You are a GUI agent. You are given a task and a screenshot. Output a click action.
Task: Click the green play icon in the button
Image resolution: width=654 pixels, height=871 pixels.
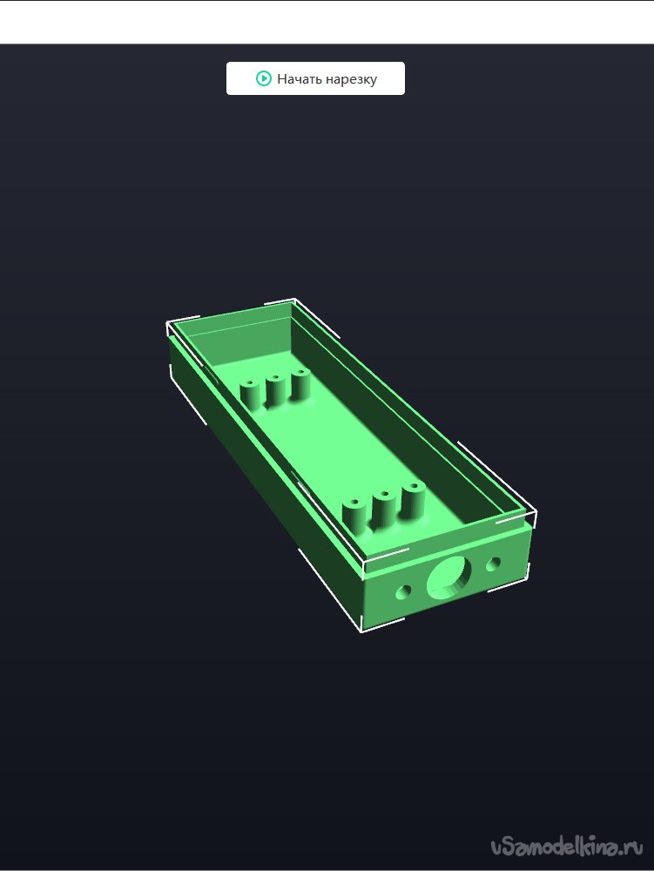click(263, 78)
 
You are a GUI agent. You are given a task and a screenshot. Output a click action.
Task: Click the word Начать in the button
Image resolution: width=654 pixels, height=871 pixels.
click(300, 79)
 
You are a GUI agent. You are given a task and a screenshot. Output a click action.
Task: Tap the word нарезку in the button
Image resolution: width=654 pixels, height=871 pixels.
click(352, 80)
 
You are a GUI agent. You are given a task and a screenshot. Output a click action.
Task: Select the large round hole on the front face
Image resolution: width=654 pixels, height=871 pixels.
click(448, 577)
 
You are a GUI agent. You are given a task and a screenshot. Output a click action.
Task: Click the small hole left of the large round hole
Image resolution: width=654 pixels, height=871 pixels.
click(403, 592)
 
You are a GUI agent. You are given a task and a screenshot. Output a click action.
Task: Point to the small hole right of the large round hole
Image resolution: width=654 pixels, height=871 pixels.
click(493, 564)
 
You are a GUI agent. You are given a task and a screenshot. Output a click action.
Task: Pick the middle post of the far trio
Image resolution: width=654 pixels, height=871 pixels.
click(275, 390)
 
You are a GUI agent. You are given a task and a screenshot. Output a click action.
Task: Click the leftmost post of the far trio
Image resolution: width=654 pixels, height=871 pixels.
click(249, 395)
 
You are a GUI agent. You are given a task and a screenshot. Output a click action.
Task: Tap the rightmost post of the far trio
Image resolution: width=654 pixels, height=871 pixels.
click(300, 384)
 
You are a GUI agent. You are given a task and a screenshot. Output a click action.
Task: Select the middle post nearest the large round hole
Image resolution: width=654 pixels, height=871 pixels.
click(384, 510)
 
